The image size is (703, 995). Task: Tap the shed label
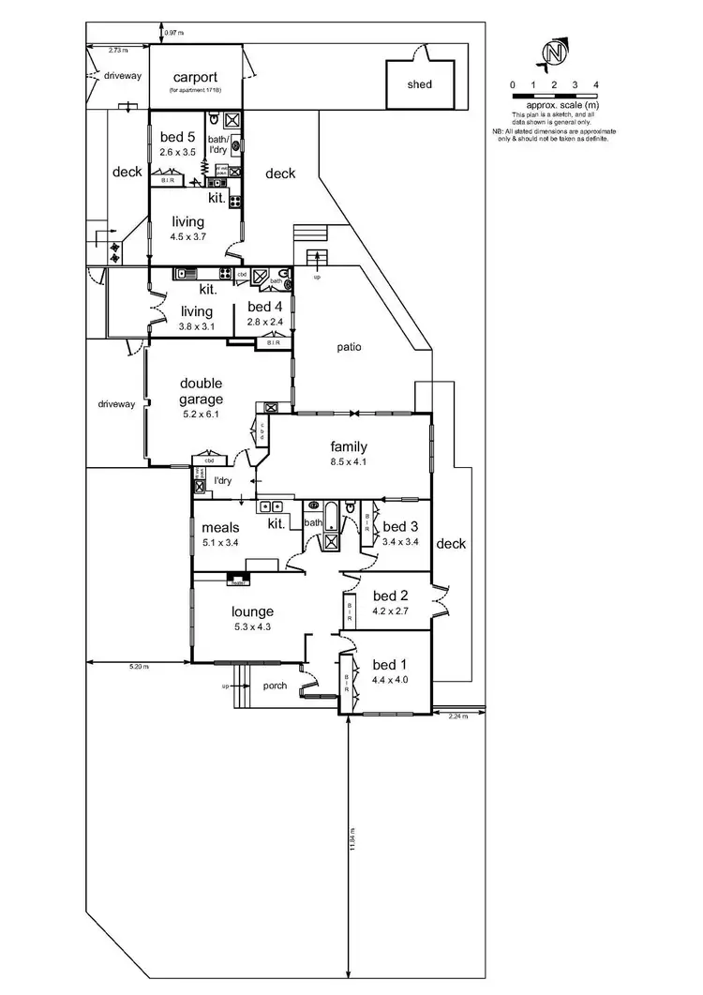[420, 84]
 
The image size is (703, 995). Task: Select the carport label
[194, 78]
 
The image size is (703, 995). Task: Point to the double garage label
[201, 390]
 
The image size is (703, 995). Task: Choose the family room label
[348, 446]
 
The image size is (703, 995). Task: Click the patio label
[350, 347]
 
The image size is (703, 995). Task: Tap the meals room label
[221, 528]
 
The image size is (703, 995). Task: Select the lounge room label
[252, 611]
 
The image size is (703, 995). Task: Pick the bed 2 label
[391, 595]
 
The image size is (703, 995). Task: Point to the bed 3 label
[400, 526]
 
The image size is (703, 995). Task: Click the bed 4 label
[264, 307]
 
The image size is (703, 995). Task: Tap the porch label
[275, 686]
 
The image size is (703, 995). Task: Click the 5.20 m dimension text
[138, 667]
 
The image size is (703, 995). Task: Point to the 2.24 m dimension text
[457, 716]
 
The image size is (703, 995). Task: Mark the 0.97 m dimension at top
[173, 33]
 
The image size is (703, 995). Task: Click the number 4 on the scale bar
[596, 85]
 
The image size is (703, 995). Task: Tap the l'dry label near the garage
[222, 481]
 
